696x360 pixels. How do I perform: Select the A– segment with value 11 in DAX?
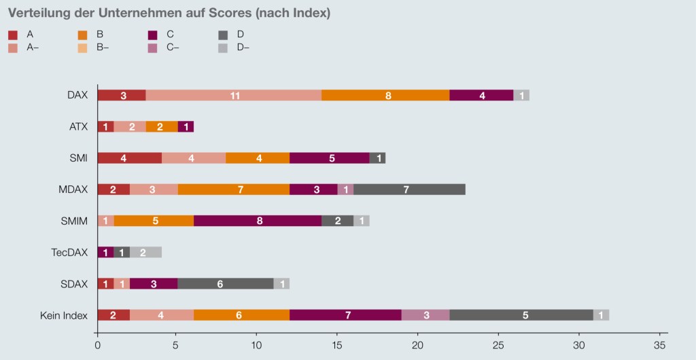[234, 95]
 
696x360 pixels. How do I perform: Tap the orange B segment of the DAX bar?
[385, 95]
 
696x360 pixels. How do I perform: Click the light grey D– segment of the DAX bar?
[521, 95]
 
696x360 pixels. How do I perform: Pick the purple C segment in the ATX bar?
[186, 126]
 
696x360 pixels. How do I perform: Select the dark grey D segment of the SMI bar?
[377, 158]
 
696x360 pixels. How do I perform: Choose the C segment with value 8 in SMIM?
[258, 221]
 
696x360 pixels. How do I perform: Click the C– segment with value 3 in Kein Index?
[425, 314]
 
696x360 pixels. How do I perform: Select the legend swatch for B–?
[83, 48]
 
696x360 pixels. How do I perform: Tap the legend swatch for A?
[13, 34]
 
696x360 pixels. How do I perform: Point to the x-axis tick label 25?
[498, 345]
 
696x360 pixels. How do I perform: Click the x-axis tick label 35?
[659, 345]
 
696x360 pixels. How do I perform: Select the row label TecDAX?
[69, 252]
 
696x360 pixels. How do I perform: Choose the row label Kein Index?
[65, 314]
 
